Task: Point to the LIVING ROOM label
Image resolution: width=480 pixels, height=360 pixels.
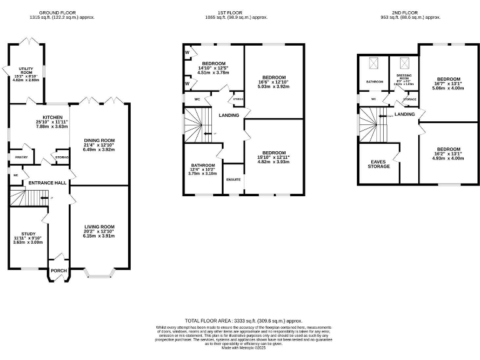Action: click(x=100, y=227)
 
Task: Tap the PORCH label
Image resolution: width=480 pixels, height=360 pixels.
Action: click(x=58, y=271)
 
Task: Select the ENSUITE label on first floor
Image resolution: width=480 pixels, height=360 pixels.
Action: click(x=233, y=179)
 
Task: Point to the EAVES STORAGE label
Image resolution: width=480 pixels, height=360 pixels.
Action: click(x=379, y=164)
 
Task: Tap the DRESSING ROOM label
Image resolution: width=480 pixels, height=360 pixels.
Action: click(x=403, y=77)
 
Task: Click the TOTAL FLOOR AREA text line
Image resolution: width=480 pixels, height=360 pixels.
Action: click(x=240, y=319)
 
